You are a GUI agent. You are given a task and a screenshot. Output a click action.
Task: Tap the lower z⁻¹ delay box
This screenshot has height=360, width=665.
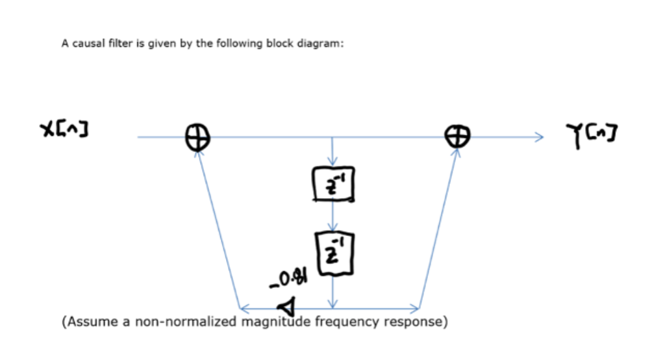pyautogui.click(x=334, y=253)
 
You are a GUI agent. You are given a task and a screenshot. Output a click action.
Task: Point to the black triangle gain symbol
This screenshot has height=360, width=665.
pyautogui.click(x=286, y=305)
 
